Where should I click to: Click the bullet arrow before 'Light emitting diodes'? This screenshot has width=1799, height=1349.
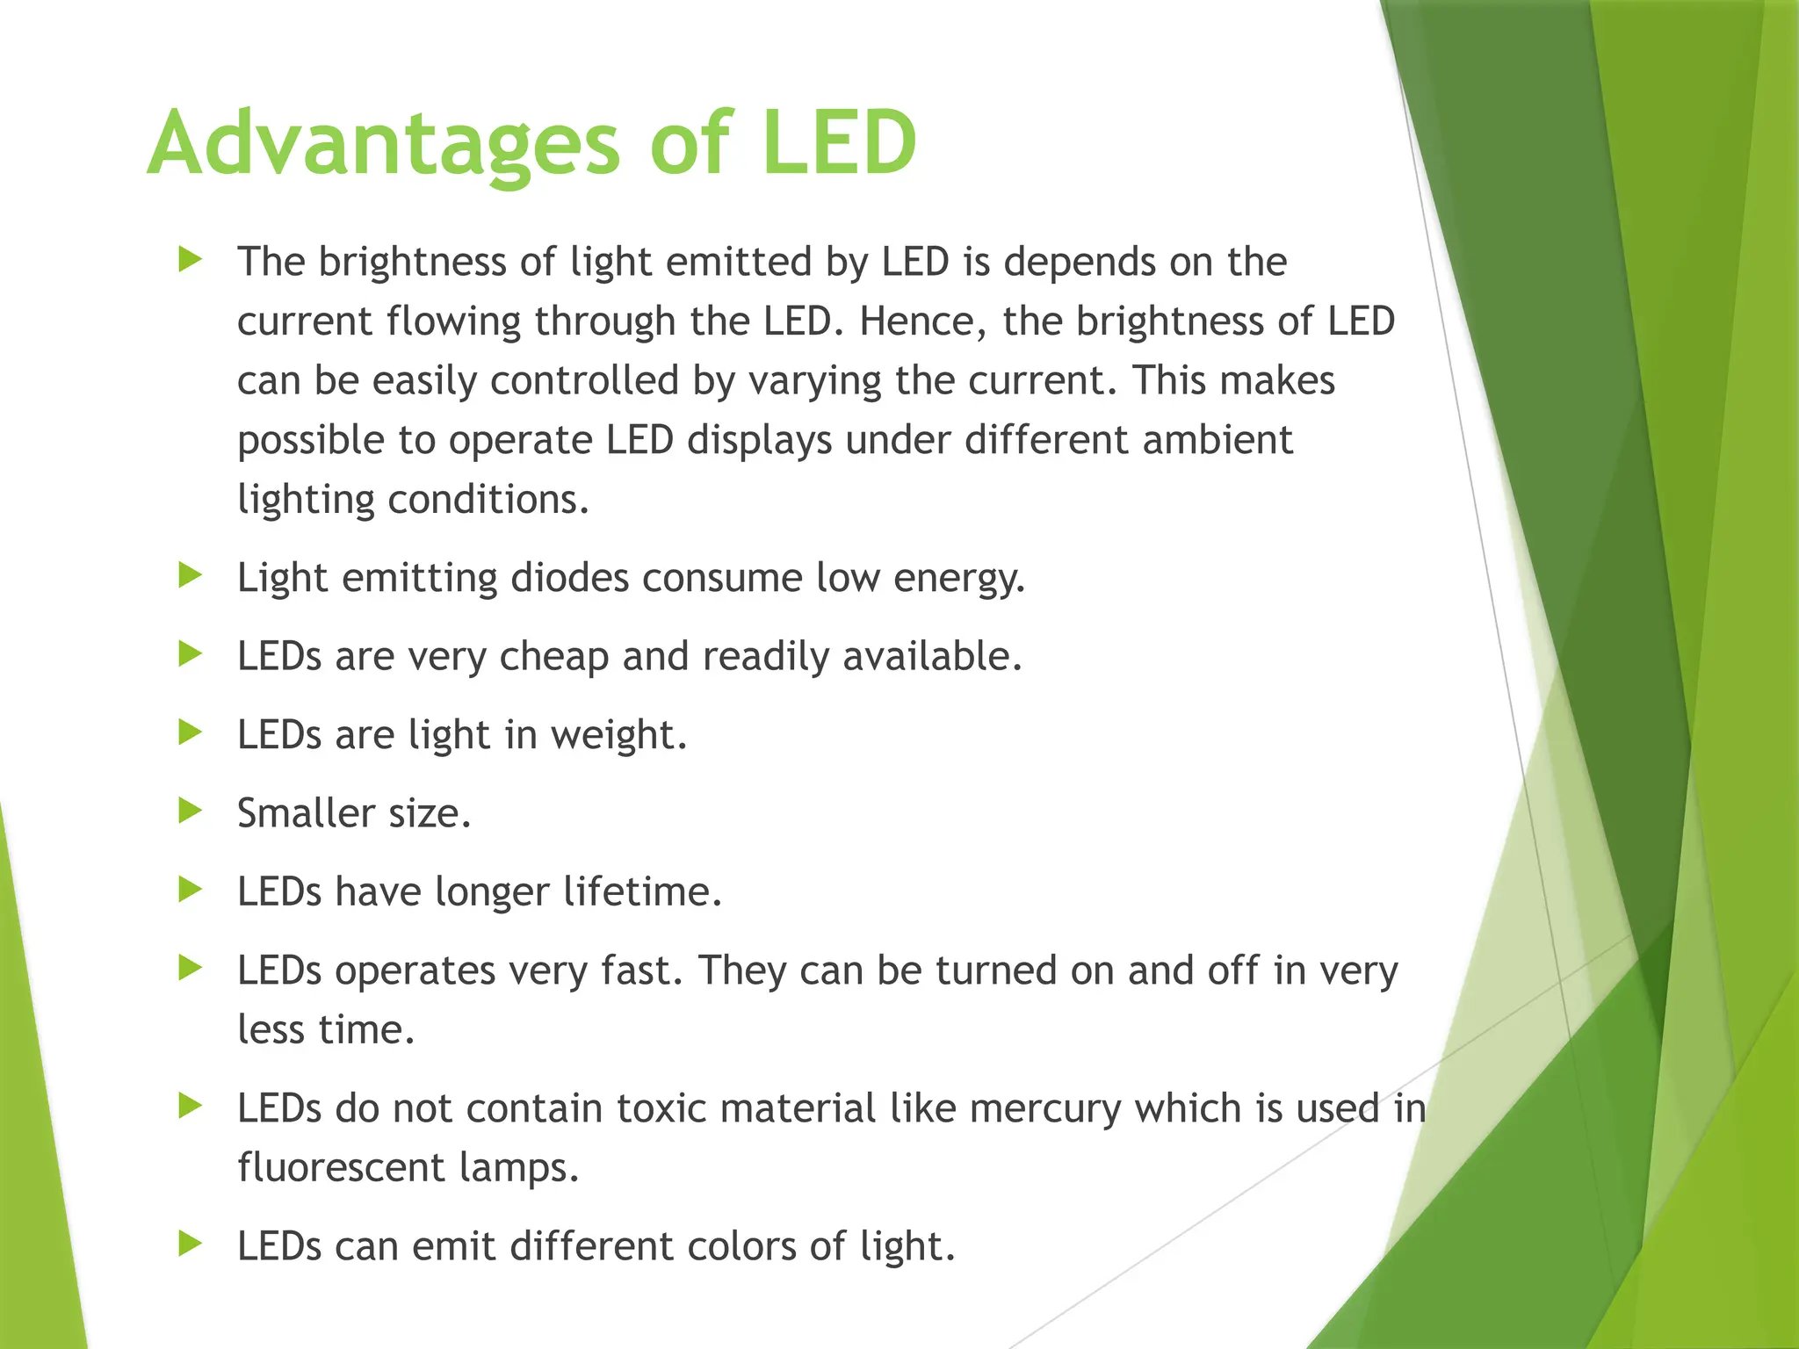click(x=190, y=576)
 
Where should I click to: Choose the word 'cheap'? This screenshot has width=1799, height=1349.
click(x=553, y=657)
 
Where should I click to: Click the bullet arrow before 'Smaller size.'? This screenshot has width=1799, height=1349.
click(x=190, y=811)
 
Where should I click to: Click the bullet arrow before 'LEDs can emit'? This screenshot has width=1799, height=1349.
click(x=190, y=1244)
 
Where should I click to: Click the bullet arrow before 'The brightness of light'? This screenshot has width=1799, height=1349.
click(x=190, y=259)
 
